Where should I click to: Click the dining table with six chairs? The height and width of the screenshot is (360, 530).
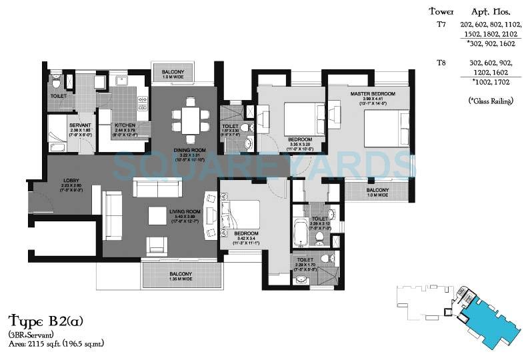(x=185, y=120)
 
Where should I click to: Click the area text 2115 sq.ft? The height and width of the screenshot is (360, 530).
(x=56, y=343)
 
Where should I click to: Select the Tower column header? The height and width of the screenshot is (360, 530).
(x=441, y=11)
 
